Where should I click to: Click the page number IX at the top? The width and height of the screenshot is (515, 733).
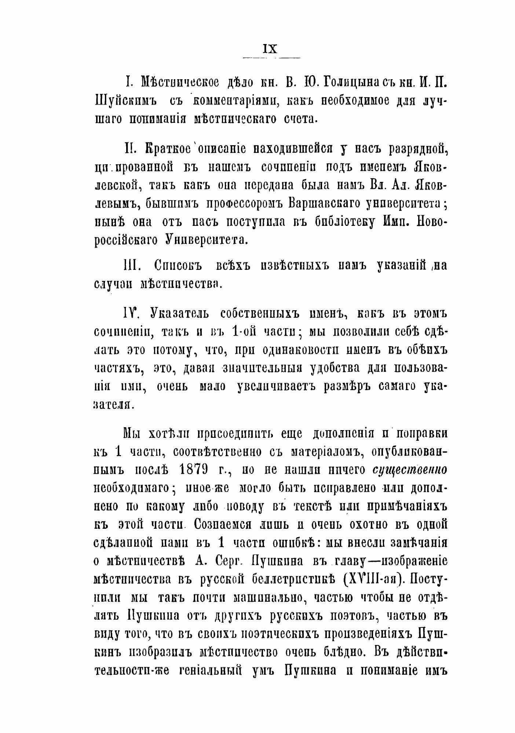pos(270,49)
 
